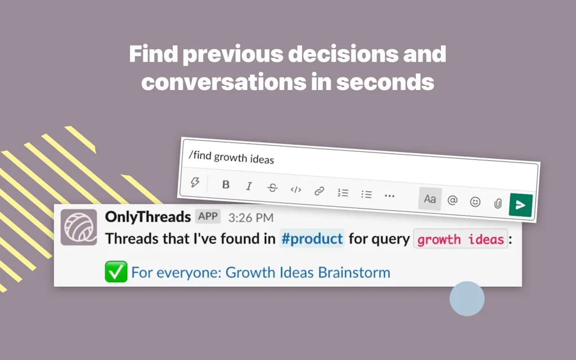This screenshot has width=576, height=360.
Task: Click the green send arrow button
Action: (520, 205)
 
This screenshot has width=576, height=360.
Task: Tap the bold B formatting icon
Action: (226, 184)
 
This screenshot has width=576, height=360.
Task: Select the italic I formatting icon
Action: (249, 186)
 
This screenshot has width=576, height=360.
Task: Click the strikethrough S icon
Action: (272, 188)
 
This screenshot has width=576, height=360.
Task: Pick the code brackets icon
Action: (296, 190)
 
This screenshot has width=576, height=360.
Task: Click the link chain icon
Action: (319, 191)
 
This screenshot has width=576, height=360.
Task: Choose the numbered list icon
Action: (343, 193)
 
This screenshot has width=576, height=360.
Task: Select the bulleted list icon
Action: (366, 195)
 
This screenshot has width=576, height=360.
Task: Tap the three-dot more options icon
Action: (389, 196)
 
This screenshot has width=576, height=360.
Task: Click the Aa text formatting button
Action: (430, 199)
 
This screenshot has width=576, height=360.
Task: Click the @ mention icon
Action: (452, 200)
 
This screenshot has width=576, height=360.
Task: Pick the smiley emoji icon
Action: (475, 202)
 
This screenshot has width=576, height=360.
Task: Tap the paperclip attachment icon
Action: (498, 204)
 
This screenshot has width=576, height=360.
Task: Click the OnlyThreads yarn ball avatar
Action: (78, 227)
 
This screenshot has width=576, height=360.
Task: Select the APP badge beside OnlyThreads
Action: (208, 217)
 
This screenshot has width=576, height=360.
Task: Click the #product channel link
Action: (312, 238)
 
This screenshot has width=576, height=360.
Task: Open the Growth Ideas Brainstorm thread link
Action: (260, 273)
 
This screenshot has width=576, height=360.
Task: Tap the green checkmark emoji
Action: (115, 273)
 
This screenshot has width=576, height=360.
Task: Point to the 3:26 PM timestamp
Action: (251, 217)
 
